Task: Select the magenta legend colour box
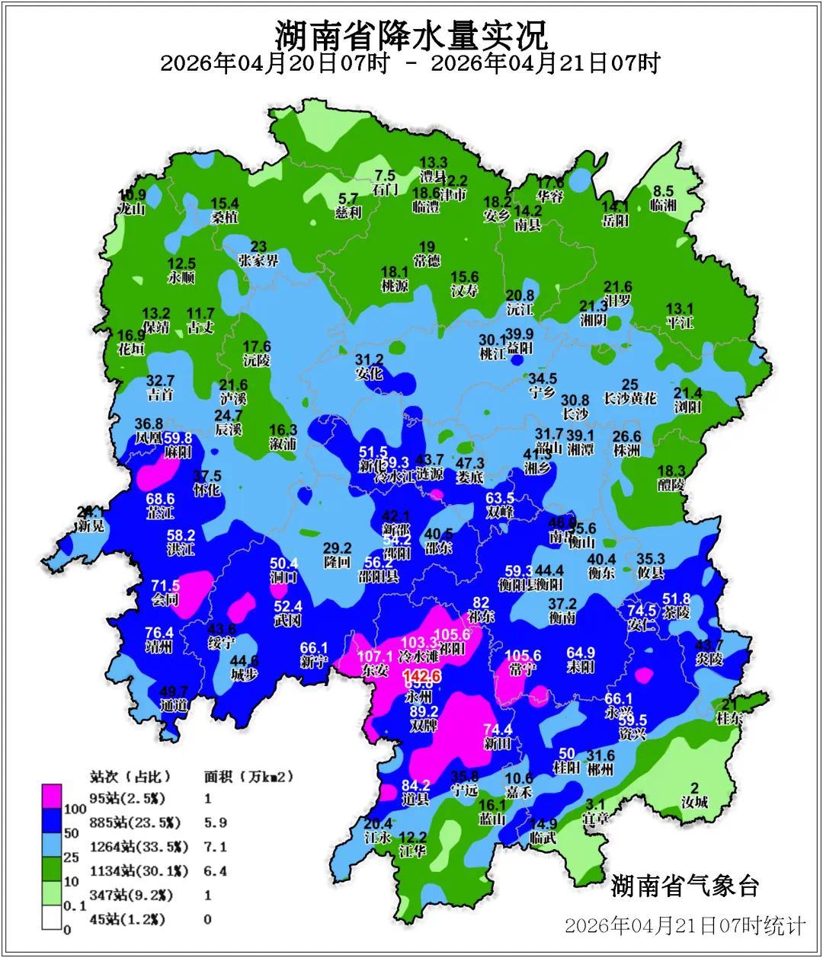pyautogui.click(x=52, y=797)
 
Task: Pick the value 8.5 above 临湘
pyautogui.click(x=664, y=191)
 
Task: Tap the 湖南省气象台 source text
pyautogui.click(x=684, y=886)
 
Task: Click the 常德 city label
pyautogui.click(x=427, y=261)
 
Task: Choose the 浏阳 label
pyautogui.click(x=687, y=407)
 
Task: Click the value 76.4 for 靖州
pyautogui.click(x=159, y=633)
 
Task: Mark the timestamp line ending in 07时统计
pyautogui.click(x=684, y=925)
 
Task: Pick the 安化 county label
pyautogui.click(x=370, y=374)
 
